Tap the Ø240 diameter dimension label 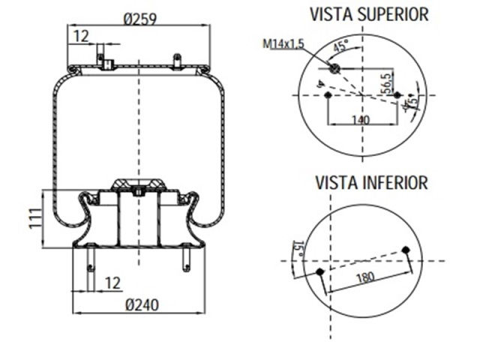(x=141, y=304)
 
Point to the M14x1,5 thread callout (x=283, y=44)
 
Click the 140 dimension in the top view (x=361, y=119)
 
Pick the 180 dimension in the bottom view (x=364, y=278)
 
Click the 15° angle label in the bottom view (x=297, y=247)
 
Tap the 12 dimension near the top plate (x=80, y=34)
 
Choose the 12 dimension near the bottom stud (x=112, y=283)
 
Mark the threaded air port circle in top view (x=335, y=70)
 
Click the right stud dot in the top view (x=397, y=96)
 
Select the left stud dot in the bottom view (x=320, y=271)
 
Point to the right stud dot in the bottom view (x=406, y=249)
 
